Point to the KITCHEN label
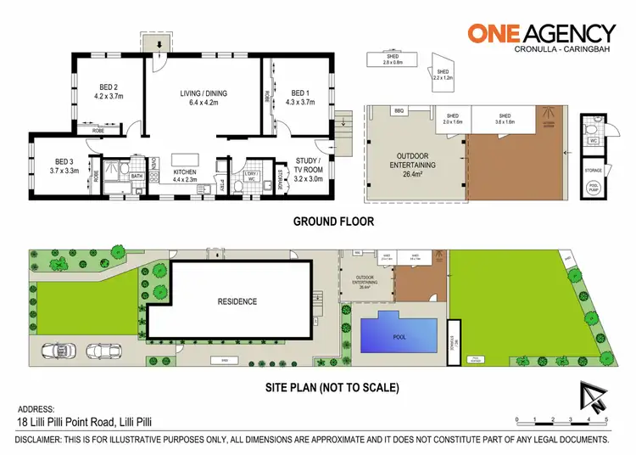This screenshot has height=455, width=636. (x=184, y=171)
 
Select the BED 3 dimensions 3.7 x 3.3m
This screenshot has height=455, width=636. (x=64, y=170)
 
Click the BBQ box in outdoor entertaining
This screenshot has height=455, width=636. (x=400, y=111)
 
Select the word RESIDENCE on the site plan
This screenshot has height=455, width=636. (x=237, y=301)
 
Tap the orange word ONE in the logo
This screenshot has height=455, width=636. (x=499, y=33)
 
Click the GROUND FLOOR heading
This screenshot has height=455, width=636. (x=332, y=222)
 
